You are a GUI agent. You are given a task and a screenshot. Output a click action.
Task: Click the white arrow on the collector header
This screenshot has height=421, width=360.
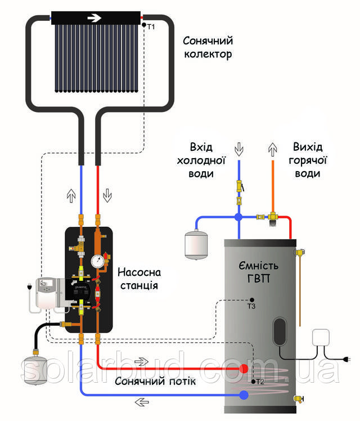[94, 18]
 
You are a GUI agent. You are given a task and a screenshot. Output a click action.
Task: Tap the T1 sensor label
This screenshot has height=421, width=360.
[151, 26]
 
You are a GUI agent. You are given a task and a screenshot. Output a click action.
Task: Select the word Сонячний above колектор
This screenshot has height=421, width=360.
[208, 41]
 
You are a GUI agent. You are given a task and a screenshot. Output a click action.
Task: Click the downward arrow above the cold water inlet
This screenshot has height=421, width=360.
[238, 150]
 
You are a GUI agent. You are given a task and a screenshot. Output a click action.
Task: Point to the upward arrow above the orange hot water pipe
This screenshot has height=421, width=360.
[273, 150]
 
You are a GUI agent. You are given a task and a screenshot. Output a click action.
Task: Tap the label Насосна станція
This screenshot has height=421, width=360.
[139, 279]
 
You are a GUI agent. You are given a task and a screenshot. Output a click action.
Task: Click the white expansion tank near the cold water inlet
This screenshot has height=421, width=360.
[196, 245]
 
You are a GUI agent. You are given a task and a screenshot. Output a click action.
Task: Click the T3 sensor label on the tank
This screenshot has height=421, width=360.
[251, 306]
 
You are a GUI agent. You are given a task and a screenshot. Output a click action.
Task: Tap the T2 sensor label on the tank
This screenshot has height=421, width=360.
[260, 382]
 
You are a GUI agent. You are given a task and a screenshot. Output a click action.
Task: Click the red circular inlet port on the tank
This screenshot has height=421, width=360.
[244, 369]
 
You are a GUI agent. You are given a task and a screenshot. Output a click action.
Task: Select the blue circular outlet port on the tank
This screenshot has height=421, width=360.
[244, 395]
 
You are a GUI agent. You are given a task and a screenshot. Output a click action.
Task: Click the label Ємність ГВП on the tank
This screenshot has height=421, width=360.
[258, 272]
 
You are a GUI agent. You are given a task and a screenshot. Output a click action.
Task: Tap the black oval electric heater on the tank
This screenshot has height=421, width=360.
[280, 331]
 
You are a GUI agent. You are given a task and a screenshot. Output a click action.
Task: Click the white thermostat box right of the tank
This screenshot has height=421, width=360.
[321, 337]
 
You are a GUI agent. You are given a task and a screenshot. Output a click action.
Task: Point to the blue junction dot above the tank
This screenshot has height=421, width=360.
[238, 217]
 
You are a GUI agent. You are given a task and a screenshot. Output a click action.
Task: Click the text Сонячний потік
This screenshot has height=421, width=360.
[155, 381]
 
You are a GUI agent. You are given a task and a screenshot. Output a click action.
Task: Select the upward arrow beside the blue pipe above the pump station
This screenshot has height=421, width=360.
[71, 196]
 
